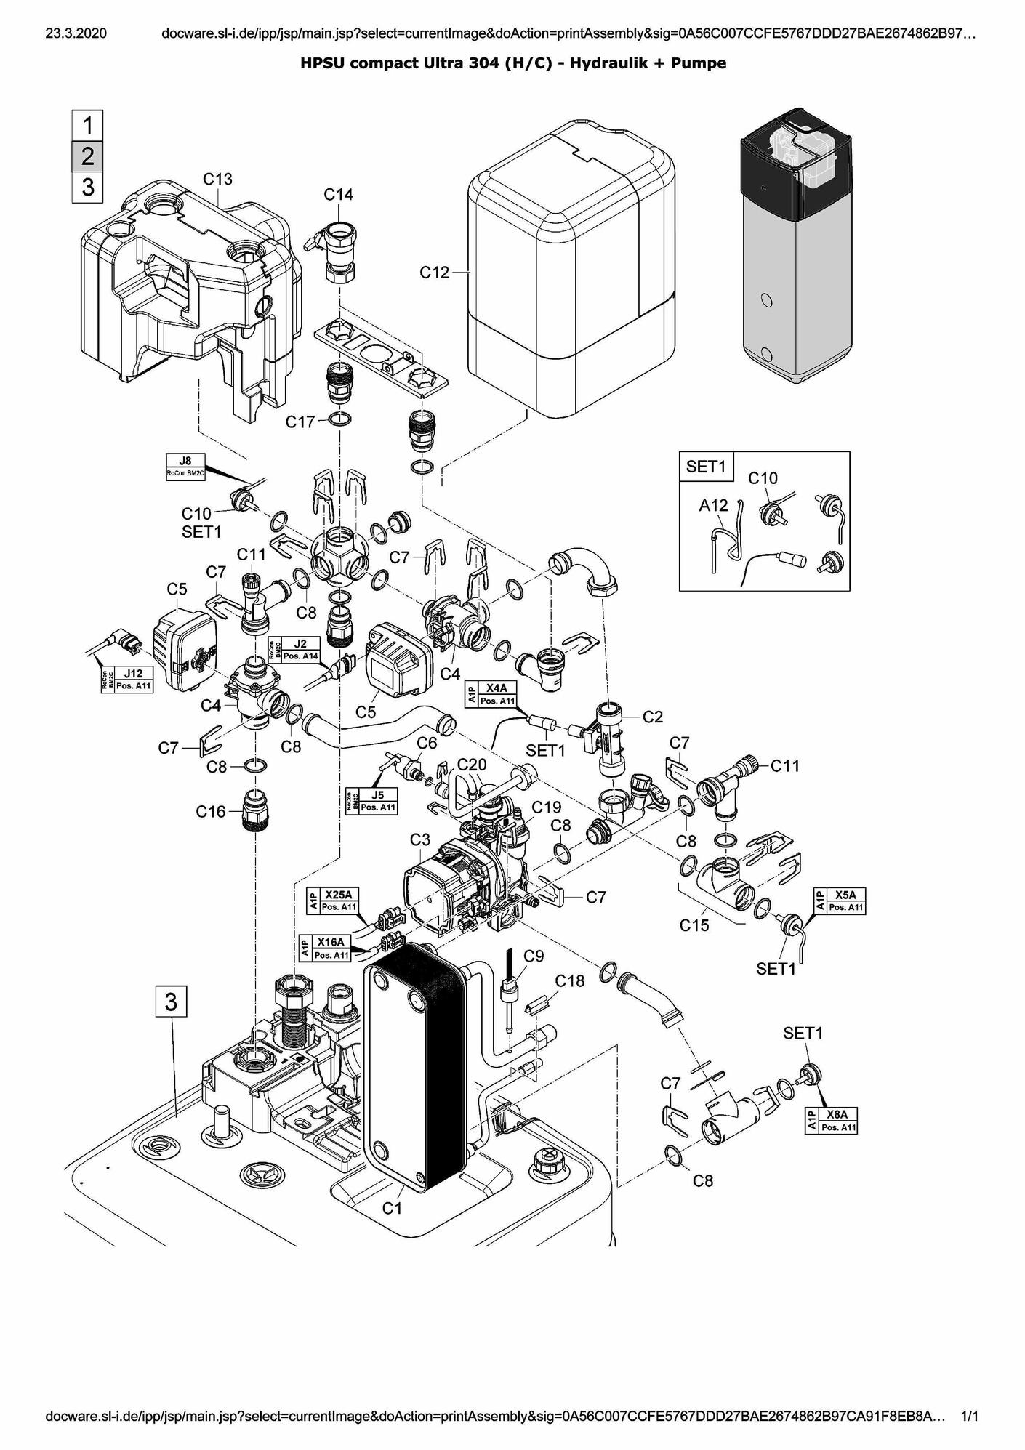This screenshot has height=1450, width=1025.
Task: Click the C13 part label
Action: (217, 179)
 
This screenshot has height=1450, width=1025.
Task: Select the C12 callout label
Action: (435, 273)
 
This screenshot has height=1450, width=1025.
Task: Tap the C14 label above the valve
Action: (338, 195)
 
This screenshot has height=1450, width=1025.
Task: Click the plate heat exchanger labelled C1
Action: (411, 1068)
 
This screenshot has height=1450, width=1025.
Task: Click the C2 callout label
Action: (653, 717)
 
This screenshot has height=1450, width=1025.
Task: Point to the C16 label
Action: (211, 812)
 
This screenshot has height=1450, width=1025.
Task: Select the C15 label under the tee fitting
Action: (694, 925)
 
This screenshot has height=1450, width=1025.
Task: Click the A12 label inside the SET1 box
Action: (713, 505)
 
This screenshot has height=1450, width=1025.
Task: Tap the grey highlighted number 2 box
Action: (88, 156)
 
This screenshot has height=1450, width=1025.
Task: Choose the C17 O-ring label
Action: (300, 422)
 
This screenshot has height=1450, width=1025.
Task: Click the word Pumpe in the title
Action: (698, 63)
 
